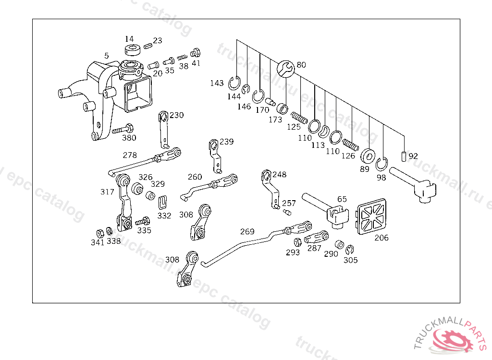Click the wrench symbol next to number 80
tap(285, 69)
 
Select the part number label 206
tap(381, 238)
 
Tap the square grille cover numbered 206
tap(371, 216)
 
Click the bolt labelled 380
tap(123, 129)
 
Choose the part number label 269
tap(247, 231)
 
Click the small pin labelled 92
tap(404, 156)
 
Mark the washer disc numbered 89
tap(368, 156)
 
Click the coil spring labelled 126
tap(350, 145)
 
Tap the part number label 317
tap(107, 192)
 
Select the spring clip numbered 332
tap(162, 203)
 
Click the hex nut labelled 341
tap(100, 234)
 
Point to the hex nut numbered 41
tap(196, 53)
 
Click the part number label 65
tap(342, 199)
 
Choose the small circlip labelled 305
tap(350, 250)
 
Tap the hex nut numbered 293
tap(297, 242)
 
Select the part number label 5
tap(106, 56)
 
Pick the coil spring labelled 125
tap(299, 118)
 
